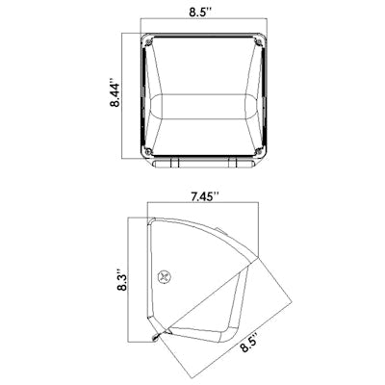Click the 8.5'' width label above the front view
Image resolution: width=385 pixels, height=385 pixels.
click(x=200, y=13)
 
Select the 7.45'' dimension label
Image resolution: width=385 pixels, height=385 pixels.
click(x=204, y=196)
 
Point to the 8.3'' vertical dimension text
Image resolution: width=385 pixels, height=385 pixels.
click(x=121, y=279)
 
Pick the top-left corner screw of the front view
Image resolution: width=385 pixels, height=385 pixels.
click(x=148, y=42)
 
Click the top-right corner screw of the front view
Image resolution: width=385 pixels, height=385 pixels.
click(x=258, y=41)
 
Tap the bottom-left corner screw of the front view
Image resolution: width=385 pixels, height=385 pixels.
click(x=148, y=151)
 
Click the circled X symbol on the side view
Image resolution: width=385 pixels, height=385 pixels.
click(x=165, y=276)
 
